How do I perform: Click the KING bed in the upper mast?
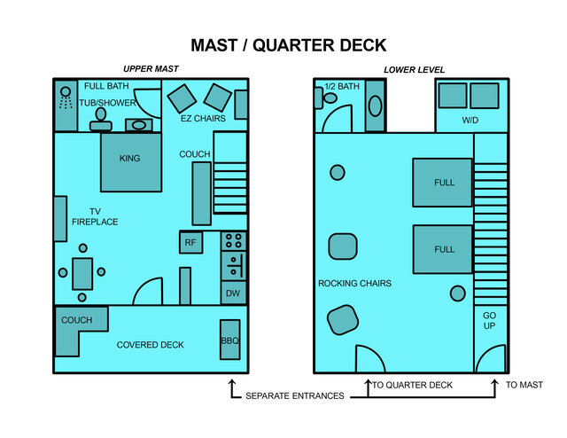coord(130,161)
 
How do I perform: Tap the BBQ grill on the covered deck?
coord(229,340)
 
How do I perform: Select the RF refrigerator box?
coord(190,242)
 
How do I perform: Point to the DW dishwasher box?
coord(232,293)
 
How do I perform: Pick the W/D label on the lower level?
coord(471,120)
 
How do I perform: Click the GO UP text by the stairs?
coord(490,321)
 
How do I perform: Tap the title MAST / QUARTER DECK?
coord(288,45)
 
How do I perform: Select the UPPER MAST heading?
coord(150,69)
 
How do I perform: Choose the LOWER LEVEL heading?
coord(414,69)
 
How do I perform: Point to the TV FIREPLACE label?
coord(95,216)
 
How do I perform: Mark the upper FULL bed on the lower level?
coord(443,183)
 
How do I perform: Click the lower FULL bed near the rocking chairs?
coord(443,249)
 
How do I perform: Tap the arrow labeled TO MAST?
coord(494,386)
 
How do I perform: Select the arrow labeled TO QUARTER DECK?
coord(368,386)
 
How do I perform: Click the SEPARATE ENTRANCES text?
coord(294,395)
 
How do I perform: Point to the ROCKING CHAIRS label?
coord(354,284)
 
